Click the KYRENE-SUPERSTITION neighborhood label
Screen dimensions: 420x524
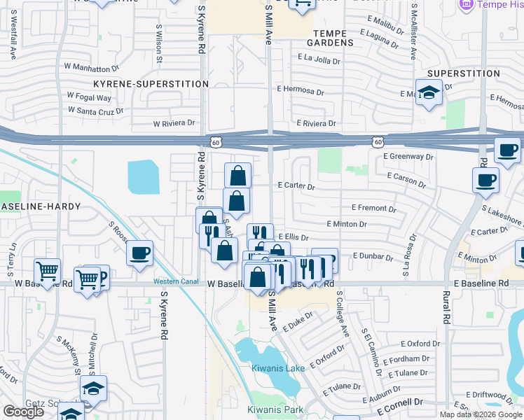pos(151,84)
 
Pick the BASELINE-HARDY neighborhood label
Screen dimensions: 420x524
pos(40,207)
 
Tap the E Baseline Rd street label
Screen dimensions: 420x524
pos(481,283)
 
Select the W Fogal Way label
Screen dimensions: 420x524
pos(89,97)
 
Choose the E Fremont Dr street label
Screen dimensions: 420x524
pos(373,209)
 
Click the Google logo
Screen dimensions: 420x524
pos(24,412)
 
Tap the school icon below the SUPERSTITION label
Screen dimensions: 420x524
pos(428,93)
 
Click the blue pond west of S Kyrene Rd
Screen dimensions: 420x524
pos(144,177)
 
